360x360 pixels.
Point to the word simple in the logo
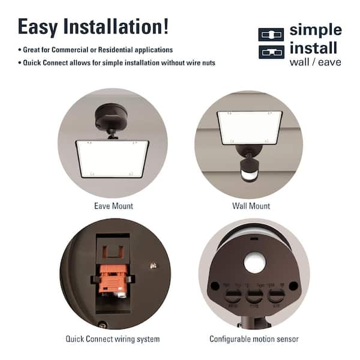pyautogui.click(x=315, y=30)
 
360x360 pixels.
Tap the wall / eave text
pyautogui.click(x=315, y=62)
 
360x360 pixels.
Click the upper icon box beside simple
pyautogui.click(x=271, y=34)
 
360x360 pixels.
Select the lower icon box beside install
pyautogui.click(x=271, y=52)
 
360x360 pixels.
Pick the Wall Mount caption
pyautogui.click(x=251, y=206)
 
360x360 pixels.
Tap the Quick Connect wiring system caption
pyautogui.click(x=112, y=339)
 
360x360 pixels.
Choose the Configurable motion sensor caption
pyautogui.click(x=254, y=339)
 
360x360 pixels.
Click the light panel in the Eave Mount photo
pyautogui.click(x=112, y=158)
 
